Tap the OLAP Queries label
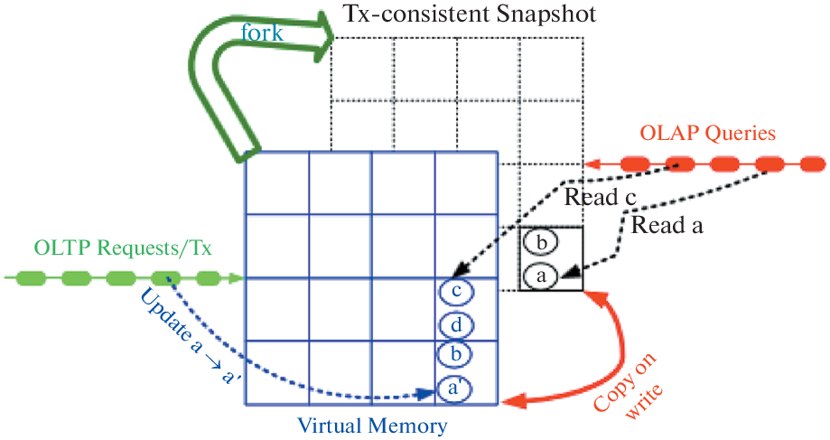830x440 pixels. click(x=708, y=135)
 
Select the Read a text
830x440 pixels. click(x=667, y=226)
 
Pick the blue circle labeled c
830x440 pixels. click(x=456, y=292)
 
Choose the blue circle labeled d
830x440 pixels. click(x=456, y=324)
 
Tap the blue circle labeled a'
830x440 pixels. click(x=456, y=389)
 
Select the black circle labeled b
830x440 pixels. click(x=541, y=243)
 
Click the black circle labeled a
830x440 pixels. click(x=541, y=276)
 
